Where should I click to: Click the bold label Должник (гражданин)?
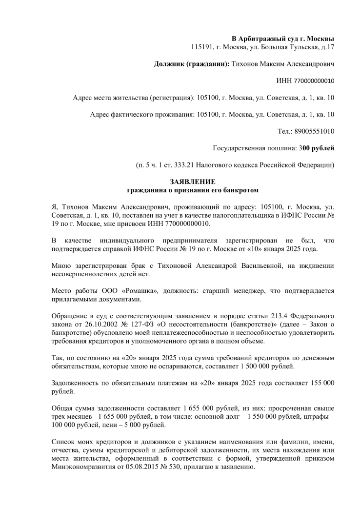pyautogui.click(x=191, y=64)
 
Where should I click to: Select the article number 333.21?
pyautogui.click(x=192, y=165)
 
